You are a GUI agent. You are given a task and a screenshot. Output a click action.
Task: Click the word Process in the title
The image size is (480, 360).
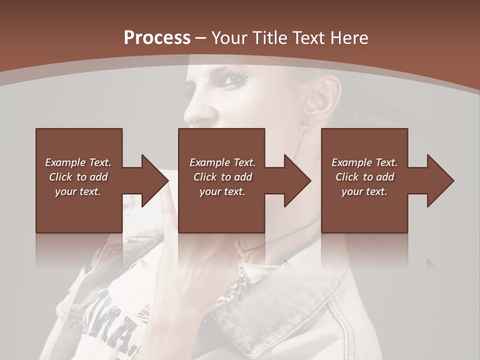pos(157,37)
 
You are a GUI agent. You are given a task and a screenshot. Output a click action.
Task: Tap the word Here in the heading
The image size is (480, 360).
pos(350,38)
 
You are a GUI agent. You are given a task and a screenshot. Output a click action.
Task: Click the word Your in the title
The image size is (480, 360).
pos(230,38)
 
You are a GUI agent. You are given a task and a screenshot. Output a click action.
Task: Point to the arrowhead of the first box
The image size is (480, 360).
pos(155,180)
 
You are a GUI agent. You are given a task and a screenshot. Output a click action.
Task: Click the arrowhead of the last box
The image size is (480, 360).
pos(441,180)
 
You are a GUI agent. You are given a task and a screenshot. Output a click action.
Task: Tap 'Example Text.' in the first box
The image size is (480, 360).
pos(78,162)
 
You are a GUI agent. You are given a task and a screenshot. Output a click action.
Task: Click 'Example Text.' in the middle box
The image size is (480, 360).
pos(222,162)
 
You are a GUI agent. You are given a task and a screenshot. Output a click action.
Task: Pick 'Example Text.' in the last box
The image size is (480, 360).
pos(364,162)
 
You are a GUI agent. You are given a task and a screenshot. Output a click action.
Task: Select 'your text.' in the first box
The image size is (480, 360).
pos(78,191)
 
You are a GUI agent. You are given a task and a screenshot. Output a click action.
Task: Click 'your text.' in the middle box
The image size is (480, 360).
pos(222,191)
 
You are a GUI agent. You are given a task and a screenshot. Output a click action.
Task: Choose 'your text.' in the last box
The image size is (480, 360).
pos(364,191)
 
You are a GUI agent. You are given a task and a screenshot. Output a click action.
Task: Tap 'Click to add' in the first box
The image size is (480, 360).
pos(78,177)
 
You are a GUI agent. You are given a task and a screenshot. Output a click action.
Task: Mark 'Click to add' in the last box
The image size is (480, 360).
pos(364,177)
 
